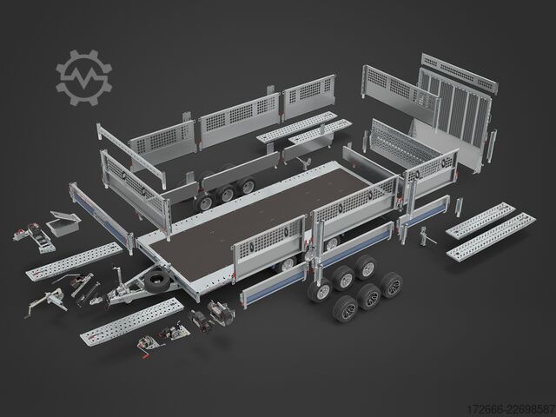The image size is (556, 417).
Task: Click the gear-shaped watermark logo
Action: tap(83, 77)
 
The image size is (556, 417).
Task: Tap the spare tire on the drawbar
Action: tap(157, 281)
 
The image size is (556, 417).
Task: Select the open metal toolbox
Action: tap(63, 222)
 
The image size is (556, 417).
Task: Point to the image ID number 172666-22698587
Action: tap(511, 408)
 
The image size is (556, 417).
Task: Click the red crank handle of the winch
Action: tap(146, 354)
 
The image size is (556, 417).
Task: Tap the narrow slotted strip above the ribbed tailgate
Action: tap(460, 73)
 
